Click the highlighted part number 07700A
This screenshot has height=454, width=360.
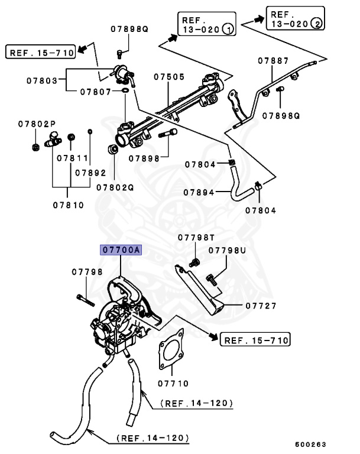121,251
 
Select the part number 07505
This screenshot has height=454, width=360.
169,76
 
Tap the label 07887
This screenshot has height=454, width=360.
274,60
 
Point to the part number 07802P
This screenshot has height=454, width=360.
36,124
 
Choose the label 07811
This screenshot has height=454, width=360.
72,159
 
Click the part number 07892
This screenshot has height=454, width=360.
90,173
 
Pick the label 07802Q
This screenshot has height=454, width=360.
115,187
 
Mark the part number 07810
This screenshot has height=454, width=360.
68,205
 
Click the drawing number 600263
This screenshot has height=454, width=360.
310,443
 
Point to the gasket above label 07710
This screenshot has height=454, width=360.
170,353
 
